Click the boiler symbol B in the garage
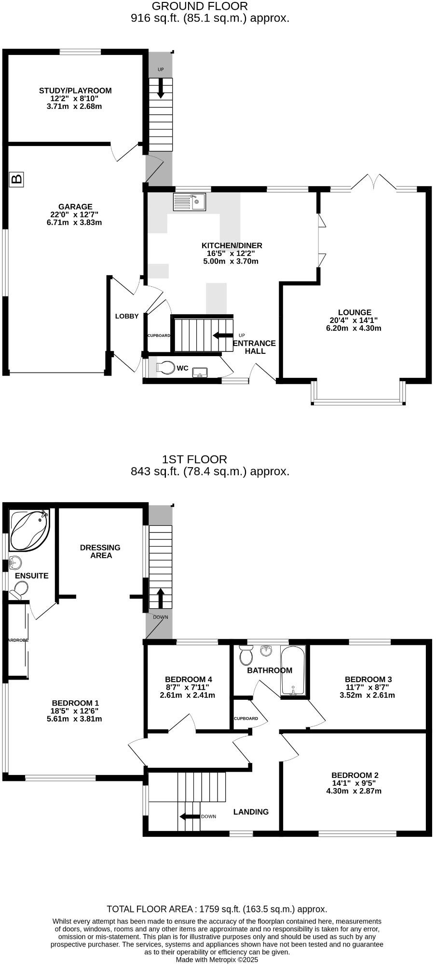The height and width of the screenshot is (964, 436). pos(16,179)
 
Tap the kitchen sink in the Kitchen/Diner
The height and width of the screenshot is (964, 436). pos(190,202)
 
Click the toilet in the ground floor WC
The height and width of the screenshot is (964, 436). pos(165,368)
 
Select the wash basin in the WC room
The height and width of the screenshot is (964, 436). pos(200,372)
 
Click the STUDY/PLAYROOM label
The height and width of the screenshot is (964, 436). pos(75,91)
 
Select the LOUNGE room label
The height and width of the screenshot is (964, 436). pos(354,312)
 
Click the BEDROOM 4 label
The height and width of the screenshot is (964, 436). pos(188,679)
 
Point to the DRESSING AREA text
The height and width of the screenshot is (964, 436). pos(100,551)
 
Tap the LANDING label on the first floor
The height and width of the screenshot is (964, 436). pos(251,812)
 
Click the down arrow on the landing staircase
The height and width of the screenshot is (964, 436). pos(190,817)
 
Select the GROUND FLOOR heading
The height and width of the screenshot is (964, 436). pos(200,6)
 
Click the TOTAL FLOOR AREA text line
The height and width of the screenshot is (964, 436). pos(217,909)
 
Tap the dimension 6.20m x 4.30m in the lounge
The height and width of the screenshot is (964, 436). pos(354,328)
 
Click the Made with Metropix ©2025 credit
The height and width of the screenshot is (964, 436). pos(217,959)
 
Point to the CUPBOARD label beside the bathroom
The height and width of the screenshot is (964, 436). pos(246,718)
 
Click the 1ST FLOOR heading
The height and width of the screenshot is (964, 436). pos(195,459)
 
